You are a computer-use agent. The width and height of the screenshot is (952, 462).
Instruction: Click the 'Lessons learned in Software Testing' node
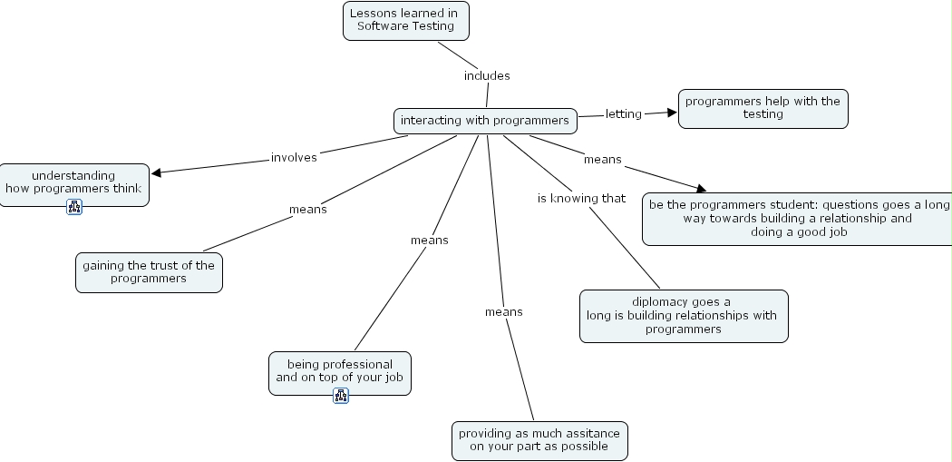pos(405,20)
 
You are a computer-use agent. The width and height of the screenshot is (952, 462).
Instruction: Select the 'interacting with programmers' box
pos(485,121)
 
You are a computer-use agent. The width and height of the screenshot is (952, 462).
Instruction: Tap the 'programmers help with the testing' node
pos(763,108)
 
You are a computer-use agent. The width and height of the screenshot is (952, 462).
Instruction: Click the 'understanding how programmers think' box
pos(73,182)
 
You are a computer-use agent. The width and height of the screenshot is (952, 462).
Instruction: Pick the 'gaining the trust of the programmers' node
pos(149,271)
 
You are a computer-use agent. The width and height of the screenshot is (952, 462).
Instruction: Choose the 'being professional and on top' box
pos(339,370)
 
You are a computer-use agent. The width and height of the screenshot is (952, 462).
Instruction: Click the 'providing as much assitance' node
pos(539,440)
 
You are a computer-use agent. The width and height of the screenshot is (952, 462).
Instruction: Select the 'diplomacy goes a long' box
pos(683,316)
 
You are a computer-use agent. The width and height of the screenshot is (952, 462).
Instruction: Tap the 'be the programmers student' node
pos(798,218)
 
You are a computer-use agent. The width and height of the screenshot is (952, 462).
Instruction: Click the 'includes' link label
pos(487,75)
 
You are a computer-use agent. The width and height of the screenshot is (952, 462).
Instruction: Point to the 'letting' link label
pos(623,113)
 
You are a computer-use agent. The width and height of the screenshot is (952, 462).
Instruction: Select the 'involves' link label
pos(294,157)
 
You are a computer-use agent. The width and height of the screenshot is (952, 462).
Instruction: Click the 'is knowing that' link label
pos(581,198)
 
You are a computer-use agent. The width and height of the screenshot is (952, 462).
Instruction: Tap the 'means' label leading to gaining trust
pos(307,209)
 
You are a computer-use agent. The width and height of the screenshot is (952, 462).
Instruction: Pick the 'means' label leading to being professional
pos(429,240)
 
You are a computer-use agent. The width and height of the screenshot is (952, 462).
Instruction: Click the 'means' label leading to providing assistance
pos(503,311)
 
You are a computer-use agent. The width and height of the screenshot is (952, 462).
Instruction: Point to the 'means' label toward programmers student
pos(602,159)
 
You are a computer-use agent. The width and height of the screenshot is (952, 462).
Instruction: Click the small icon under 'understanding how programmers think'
pos(74,207)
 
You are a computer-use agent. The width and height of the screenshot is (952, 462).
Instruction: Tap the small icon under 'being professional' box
pos(341,395)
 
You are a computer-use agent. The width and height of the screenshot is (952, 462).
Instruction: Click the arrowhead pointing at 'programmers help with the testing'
pos(672,113)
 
